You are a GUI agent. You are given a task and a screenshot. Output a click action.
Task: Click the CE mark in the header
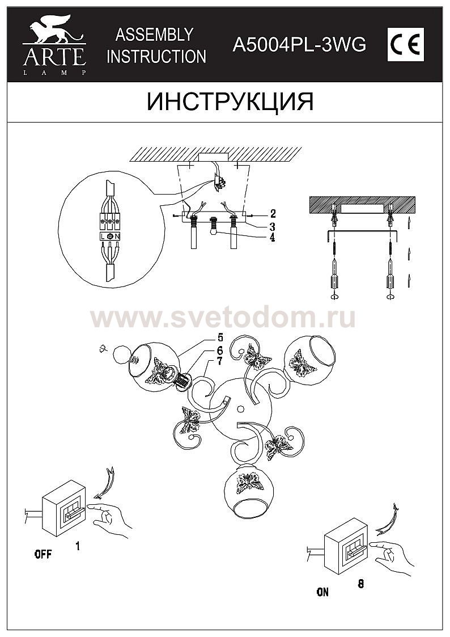[x=405, y=45]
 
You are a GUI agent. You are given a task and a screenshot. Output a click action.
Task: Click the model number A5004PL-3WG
[x=299, y=45]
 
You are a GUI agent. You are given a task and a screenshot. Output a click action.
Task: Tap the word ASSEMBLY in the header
[x=154, y=35]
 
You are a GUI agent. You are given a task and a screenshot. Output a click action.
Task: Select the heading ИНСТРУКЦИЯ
[x=230, y=102]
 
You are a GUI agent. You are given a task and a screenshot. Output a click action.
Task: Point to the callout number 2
[x=273, y=214]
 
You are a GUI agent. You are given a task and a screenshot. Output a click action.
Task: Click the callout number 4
[x=271, y=237]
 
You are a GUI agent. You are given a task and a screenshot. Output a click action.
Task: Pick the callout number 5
[x=220, y=337]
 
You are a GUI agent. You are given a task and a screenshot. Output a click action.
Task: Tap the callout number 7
[x=219, y=361]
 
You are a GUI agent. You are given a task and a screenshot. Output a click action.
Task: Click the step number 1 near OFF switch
[x=78, y=546]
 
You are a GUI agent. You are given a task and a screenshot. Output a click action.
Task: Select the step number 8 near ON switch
[x=360, y=584]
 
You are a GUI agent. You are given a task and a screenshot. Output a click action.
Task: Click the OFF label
[x=43, y=554]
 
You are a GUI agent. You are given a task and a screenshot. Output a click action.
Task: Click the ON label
[x=322, y=592]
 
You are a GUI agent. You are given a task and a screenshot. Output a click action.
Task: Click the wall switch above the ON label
[x=346, y=546]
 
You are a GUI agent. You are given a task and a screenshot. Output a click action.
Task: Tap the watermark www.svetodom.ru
[x=223, y=318]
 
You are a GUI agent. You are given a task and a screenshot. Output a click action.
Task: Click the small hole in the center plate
[x=241, y=409]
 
